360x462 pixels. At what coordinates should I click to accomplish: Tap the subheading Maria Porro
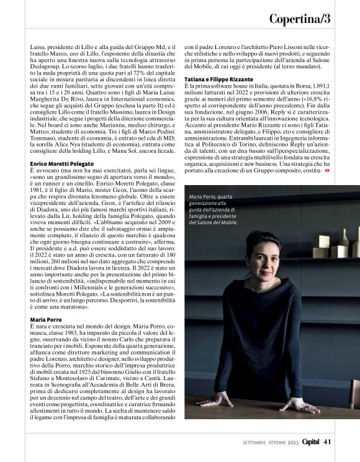45,319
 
